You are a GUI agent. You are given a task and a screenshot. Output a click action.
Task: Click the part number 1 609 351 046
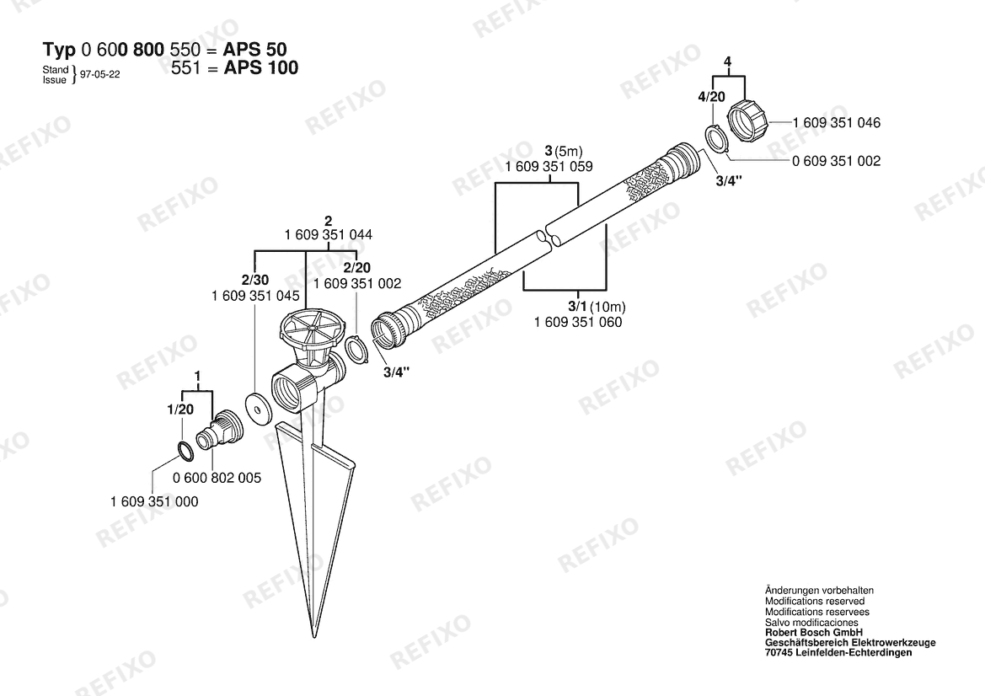(837, 122)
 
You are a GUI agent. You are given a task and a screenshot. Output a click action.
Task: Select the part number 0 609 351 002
(837, 161)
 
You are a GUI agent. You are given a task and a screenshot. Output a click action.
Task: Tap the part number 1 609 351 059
(549, 167)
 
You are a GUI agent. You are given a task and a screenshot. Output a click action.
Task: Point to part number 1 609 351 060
(578, 322)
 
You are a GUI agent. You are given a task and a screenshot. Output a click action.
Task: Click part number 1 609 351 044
(329, 235)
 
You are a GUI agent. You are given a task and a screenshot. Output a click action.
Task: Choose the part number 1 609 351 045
(255, 296)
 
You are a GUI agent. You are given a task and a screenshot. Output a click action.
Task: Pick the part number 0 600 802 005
(217, 478)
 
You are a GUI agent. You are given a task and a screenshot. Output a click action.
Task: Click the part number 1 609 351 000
(154, 501)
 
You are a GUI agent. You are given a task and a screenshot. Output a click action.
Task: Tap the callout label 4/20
(712, 97)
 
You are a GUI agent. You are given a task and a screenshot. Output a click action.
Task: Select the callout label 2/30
(254, 280)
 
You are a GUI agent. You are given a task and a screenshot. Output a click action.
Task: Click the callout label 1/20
(180, 410)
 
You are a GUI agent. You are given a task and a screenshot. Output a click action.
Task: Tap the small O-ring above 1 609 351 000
(185, 451)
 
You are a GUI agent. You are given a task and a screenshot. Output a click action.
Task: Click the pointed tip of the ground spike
(314, 637)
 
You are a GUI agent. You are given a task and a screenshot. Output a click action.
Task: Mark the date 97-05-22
(100, 74)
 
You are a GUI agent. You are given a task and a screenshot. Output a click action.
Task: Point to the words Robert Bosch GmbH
(813, 632)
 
